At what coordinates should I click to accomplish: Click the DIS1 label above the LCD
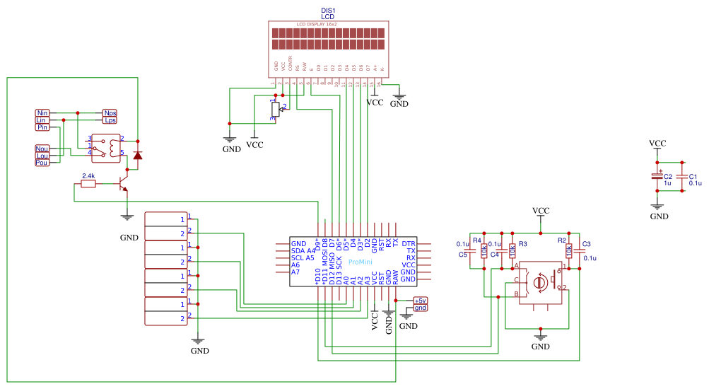pos(328,10)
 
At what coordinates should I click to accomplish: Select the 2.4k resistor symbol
pos(88,184)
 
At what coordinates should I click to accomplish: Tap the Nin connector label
pos(42,113)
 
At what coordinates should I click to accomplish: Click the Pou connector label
pos(42,163)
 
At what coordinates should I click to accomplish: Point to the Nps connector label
pos(110,113)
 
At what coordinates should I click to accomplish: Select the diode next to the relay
pos(137,154)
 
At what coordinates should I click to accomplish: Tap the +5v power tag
pos(421,301)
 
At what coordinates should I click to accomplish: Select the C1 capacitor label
pos(693,176)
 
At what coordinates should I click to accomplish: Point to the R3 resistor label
pos(523,244)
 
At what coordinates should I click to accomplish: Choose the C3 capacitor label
pos(586,244)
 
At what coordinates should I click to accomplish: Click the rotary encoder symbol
pos(541,282)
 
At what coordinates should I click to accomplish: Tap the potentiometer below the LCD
pos(274,110)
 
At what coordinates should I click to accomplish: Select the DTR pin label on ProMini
pos(409,244)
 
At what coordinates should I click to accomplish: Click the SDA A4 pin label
pos(303,251)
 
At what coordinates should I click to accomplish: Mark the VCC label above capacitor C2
pos(657,144)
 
